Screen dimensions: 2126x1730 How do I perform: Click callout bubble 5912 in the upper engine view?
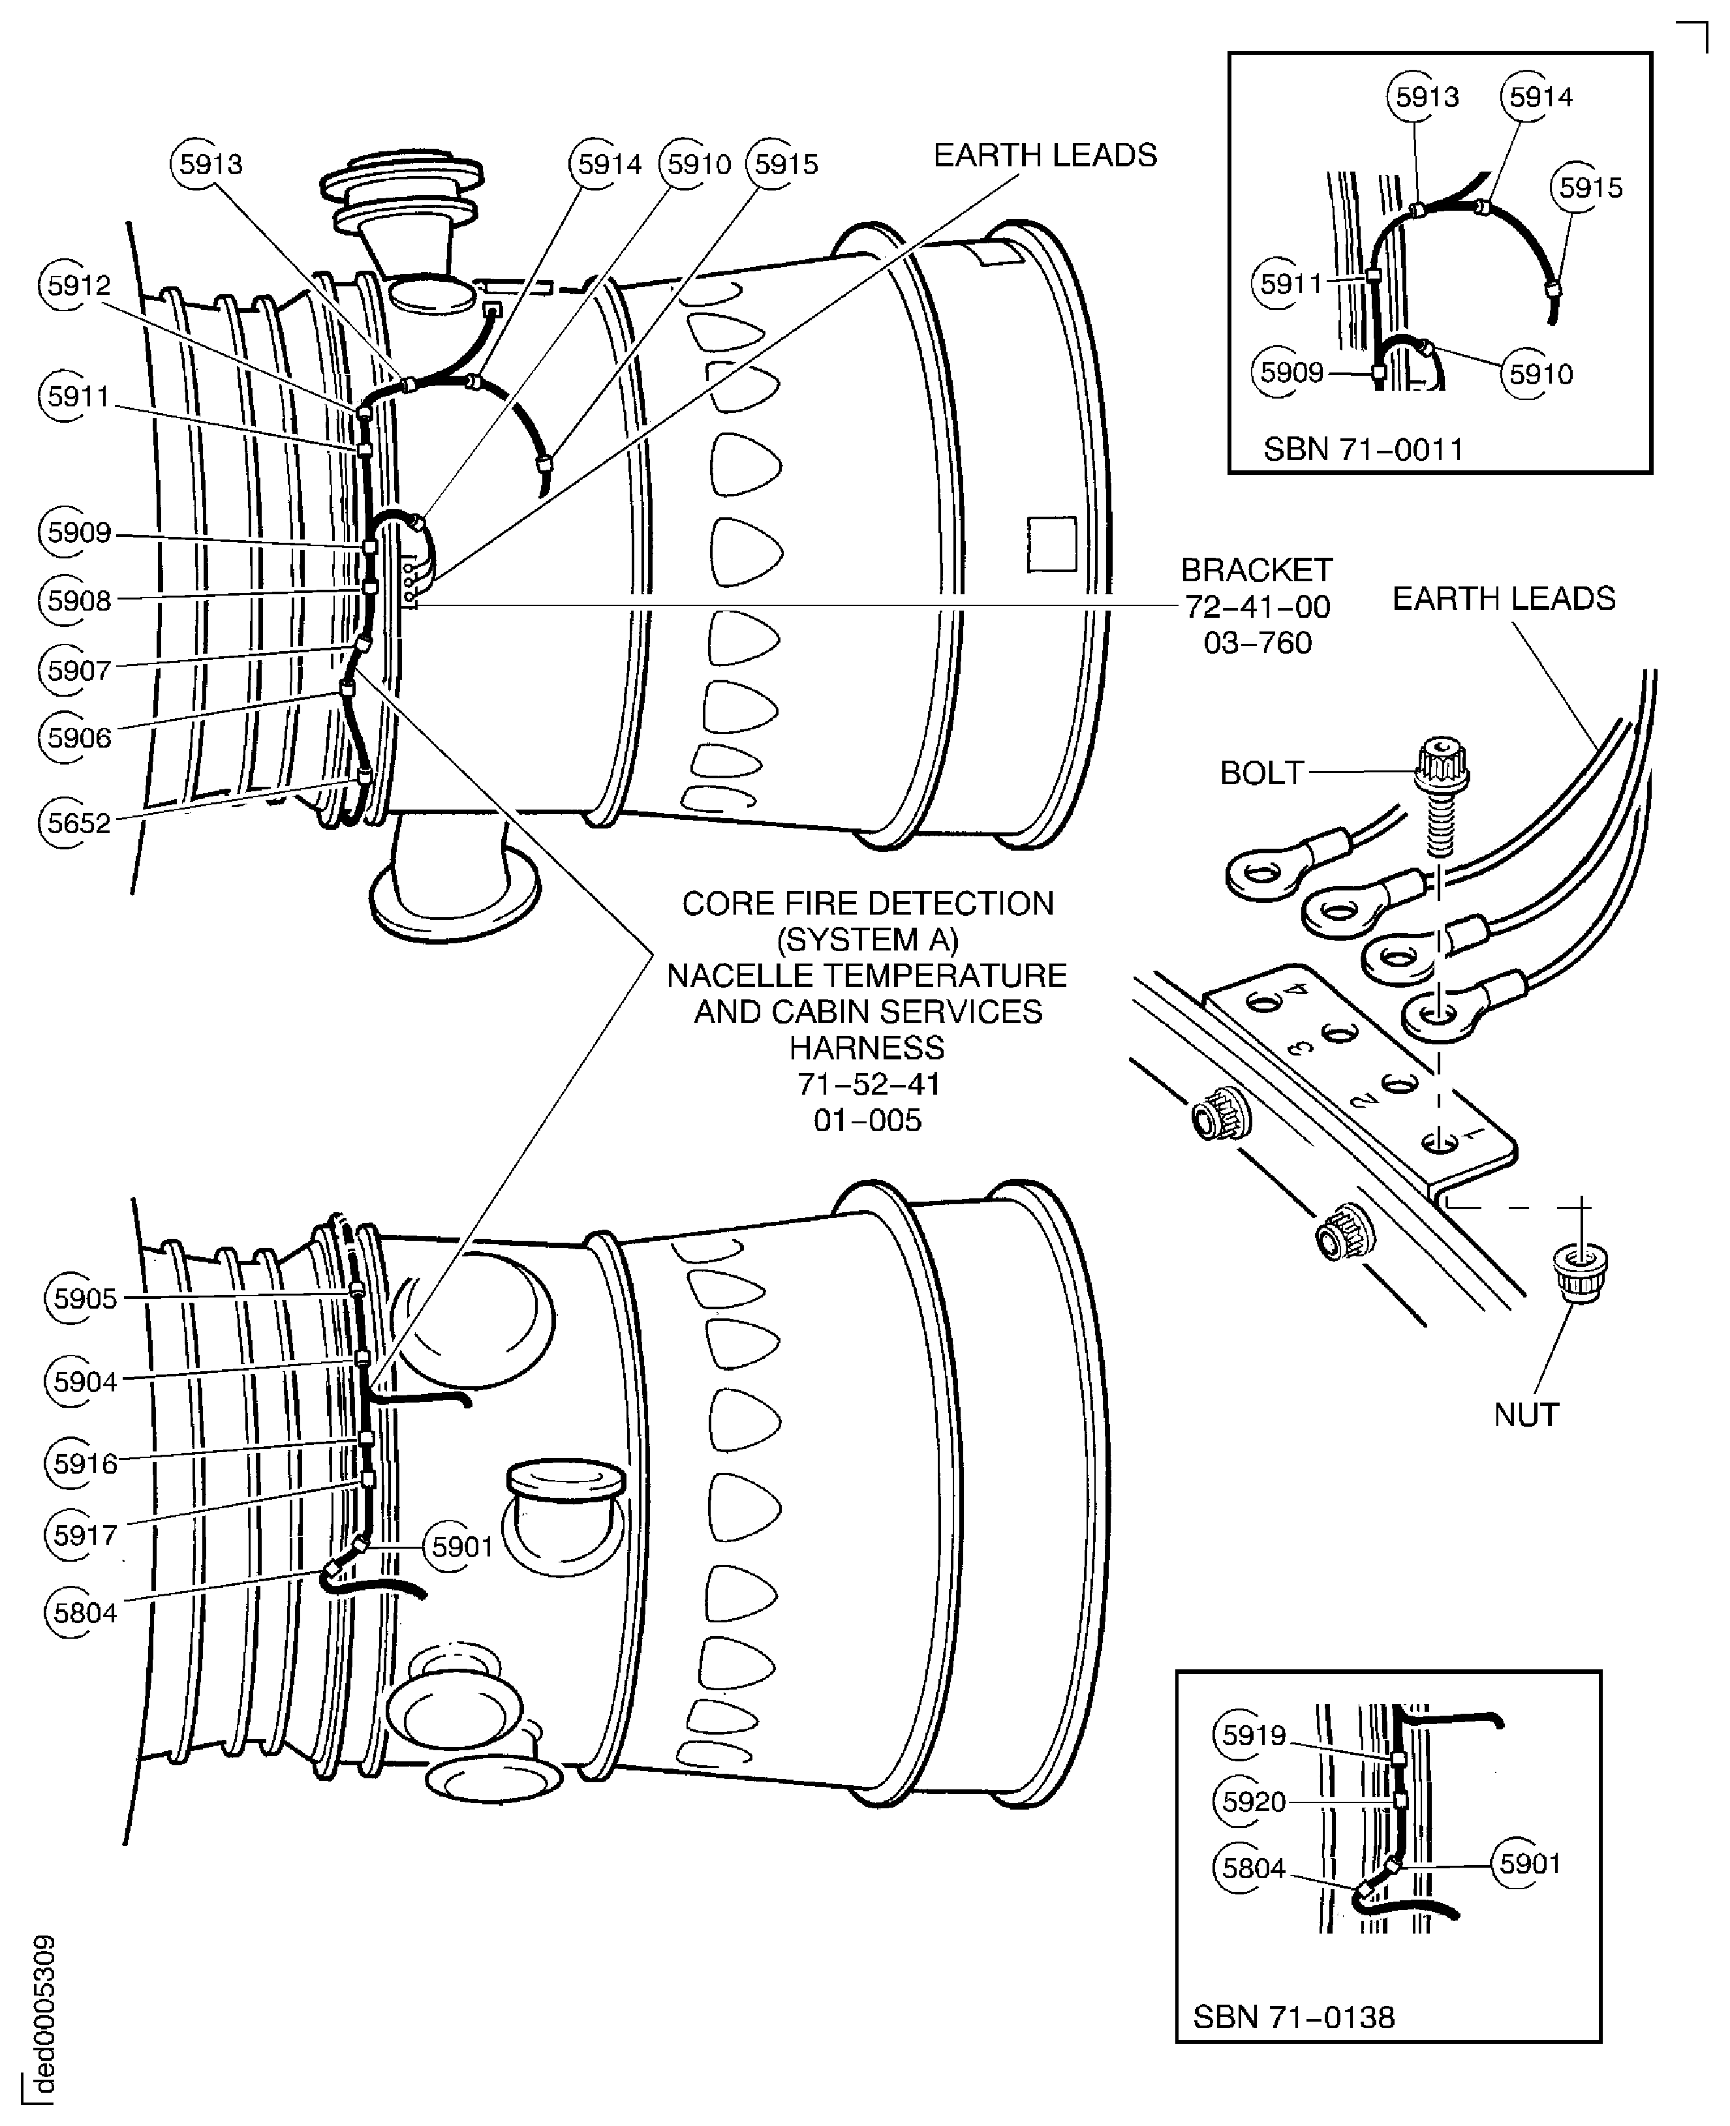tap(78, 286)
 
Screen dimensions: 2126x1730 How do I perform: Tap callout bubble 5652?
tap(78, 823)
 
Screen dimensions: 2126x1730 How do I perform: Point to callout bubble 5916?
tap(84, 1463)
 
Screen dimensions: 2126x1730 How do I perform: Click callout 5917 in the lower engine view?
tap(84, 1535)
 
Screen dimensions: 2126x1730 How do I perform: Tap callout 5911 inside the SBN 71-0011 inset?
tap(1291, 284)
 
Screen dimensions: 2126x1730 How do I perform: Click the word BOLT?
tap(1261, 773)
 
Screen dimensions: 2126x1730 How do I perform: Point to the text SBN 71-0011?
tap(1363, 449)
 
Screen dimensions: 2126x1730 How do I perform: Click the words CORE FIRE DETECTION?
tap(867, 904)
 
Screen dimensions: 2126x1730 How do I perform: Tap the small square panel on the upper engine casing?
tap(1051, 544)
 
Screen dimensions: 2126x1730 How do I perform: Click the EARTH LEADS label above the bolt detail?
tap(1503, 599)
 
